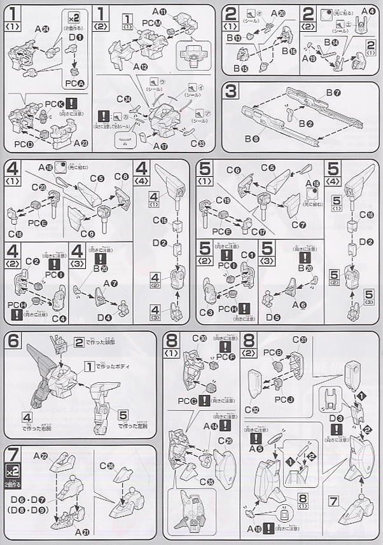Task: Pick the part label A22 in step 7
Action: point(43,456)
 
